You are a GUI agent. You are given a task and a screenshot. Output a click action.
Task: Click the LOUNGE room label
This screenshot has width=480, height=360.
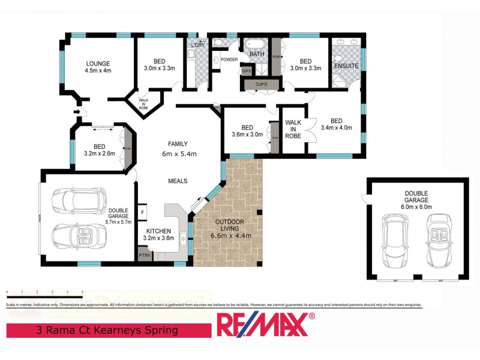[98, 63]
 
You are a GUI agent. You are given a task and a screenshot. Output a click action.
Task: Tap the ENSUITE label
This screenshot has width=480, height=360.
[346, 65]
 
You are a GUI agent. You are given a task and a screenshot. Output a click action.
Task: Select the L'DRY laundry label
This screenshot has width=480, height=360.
[197, 46]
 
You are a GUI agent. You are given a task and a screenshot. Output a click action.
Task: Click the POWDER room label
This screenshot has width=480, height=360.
[230, 60]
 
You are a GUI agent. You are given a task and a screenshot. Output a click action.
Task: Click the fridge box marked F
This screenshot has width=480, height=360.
[143, 212]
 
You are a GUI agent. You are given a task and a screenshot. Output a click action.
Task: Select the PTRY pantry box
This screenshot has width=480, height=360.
[144, 256]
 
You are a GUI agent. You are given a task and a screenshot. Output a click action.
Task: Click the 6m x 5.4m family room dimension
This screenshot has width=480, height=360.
[178, 154]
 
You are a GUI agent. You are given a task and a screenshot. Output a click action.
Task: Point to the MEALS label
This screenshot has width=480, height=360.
[178, 181]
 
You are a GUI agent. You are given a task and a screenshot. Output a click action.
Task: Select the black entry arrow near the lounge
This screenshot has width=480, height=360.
[77, 111]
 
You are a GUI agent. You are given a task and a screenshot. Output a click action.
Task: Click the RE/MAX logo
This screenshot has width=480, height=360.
[265, 325]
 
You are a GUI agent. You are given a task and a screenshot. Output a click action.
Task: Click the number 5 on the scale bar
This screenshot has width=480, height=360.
[82, 292]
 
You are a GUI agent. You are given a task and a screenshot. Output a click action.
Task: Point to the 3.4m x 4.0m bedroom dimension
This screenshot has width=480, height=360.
[337, 127]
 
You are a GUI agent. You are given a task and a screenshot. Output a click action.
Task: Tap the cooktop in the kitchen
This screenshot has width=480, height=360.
[162, 256]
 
